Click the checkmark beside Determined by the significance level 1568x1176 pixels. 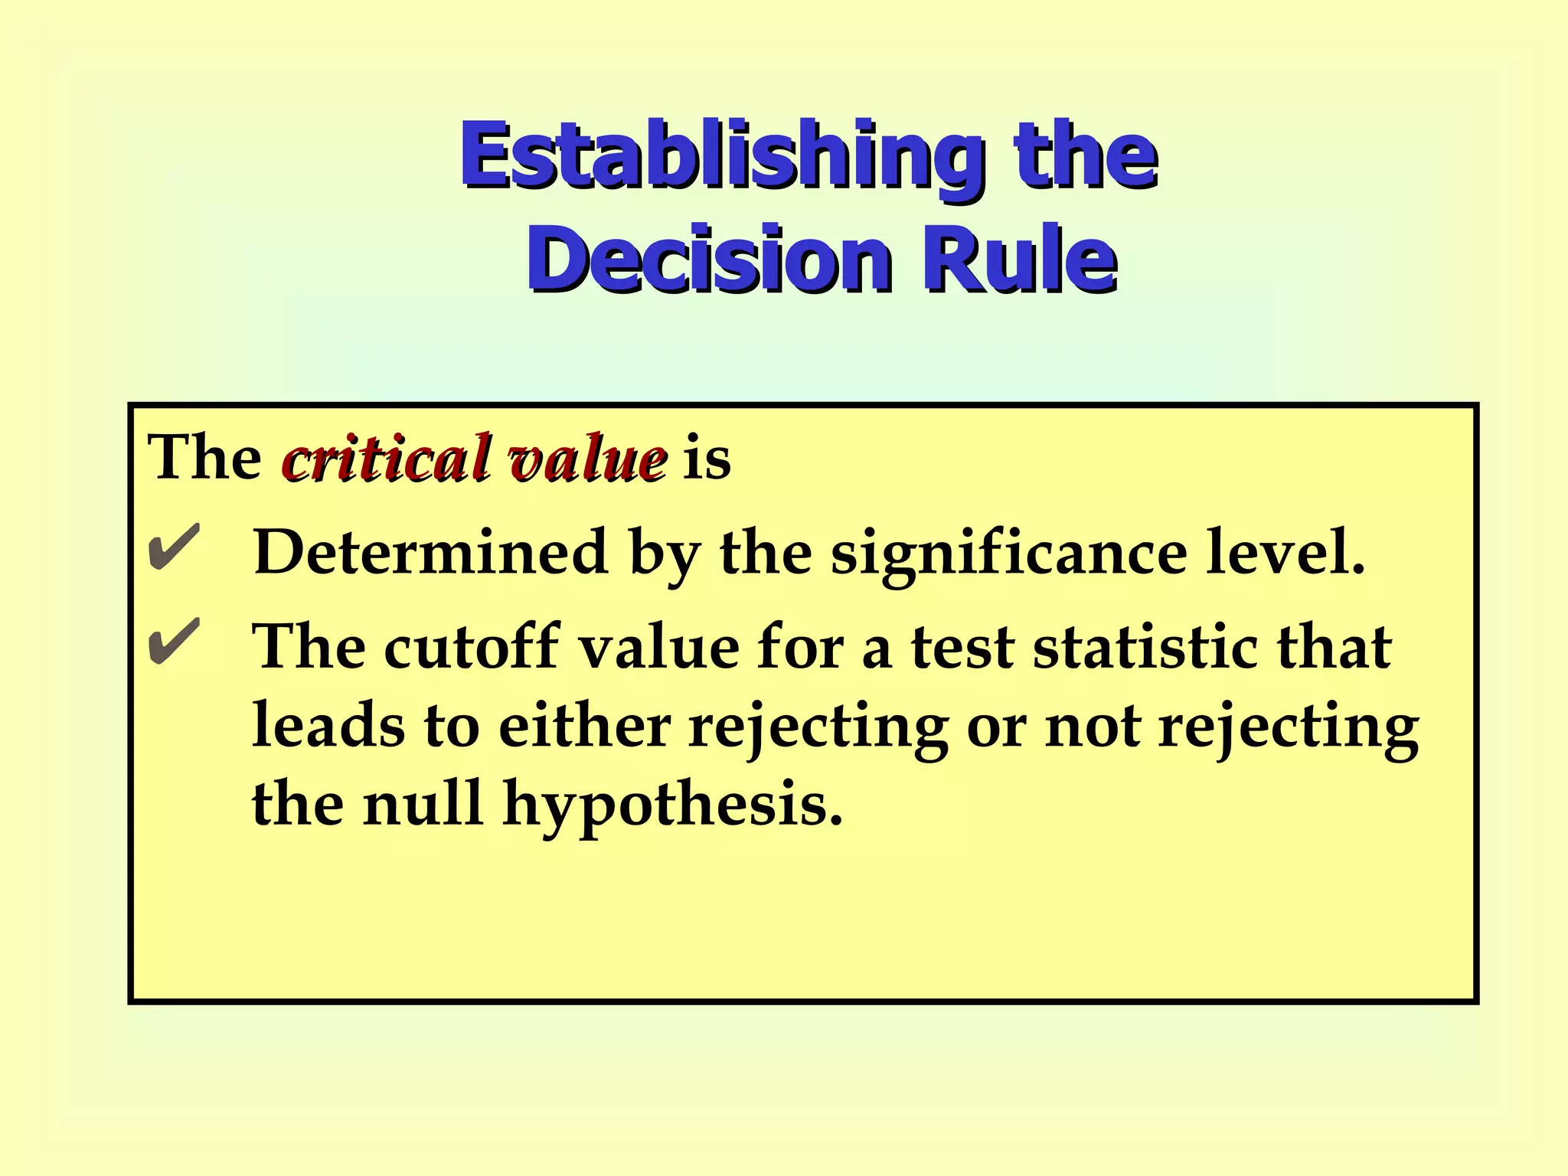tap(174, 547)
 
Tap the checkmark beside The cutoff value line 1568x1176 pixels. tap(174, 642)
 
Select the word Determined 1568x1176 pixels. tap(430, 552)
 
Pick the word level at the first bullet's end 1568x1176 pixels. tap(1285, 552)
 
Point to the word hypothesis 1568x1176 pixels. tap(671, 807)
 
